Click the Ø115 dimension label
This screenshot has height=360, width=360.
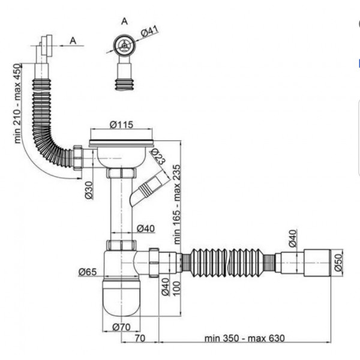click(x=121, y=125)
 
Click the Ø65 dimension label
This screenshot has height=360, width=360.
click(x=88, y=272)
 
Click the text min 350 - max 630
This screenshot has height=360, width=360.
click(x=244, y=338)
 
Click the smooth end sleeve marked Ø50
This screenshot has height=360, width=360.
click(x=316, y=262)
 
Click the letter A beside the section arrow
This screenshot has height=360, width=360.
click(x=73, y=40)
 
